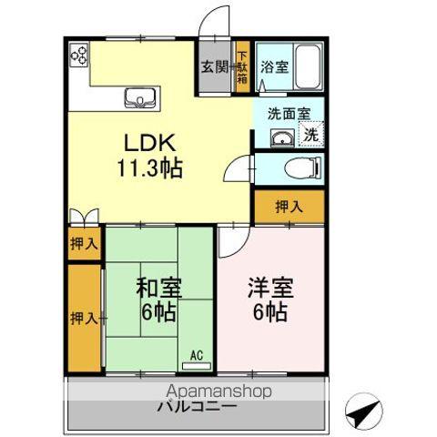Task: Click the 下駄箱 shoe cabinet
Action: (x=243, y=66)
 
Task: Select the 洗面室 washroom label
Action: (x=288, y=114)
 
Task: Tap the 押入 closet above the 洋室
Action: (x=289, y=207)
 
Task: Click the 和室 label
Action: (x=159, y=289)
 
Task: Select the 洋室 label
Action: (x=269, y=289)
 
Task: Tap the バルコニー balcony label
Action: (x=201, y=407)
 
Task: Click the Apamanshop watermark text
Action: (x=204, y=391)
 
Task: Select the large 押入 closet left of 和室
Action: (x=84, y=318)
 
